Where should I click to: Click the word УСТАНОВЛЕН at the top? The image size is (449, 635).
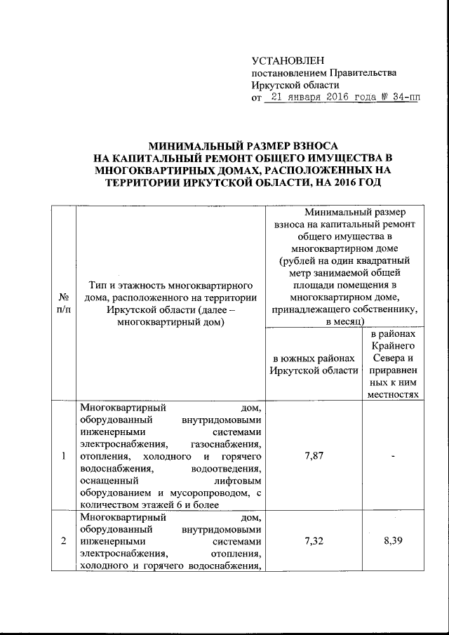point(288,61)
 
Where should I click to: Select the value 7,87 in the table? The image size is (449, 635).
point(314,456)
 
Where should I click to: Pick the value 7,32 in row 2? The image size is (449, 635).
point(314,542)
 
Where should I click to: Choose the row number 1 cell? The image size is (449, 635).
point(63,457)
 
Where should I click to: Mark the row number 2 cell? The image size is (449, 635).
point(63,541)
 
